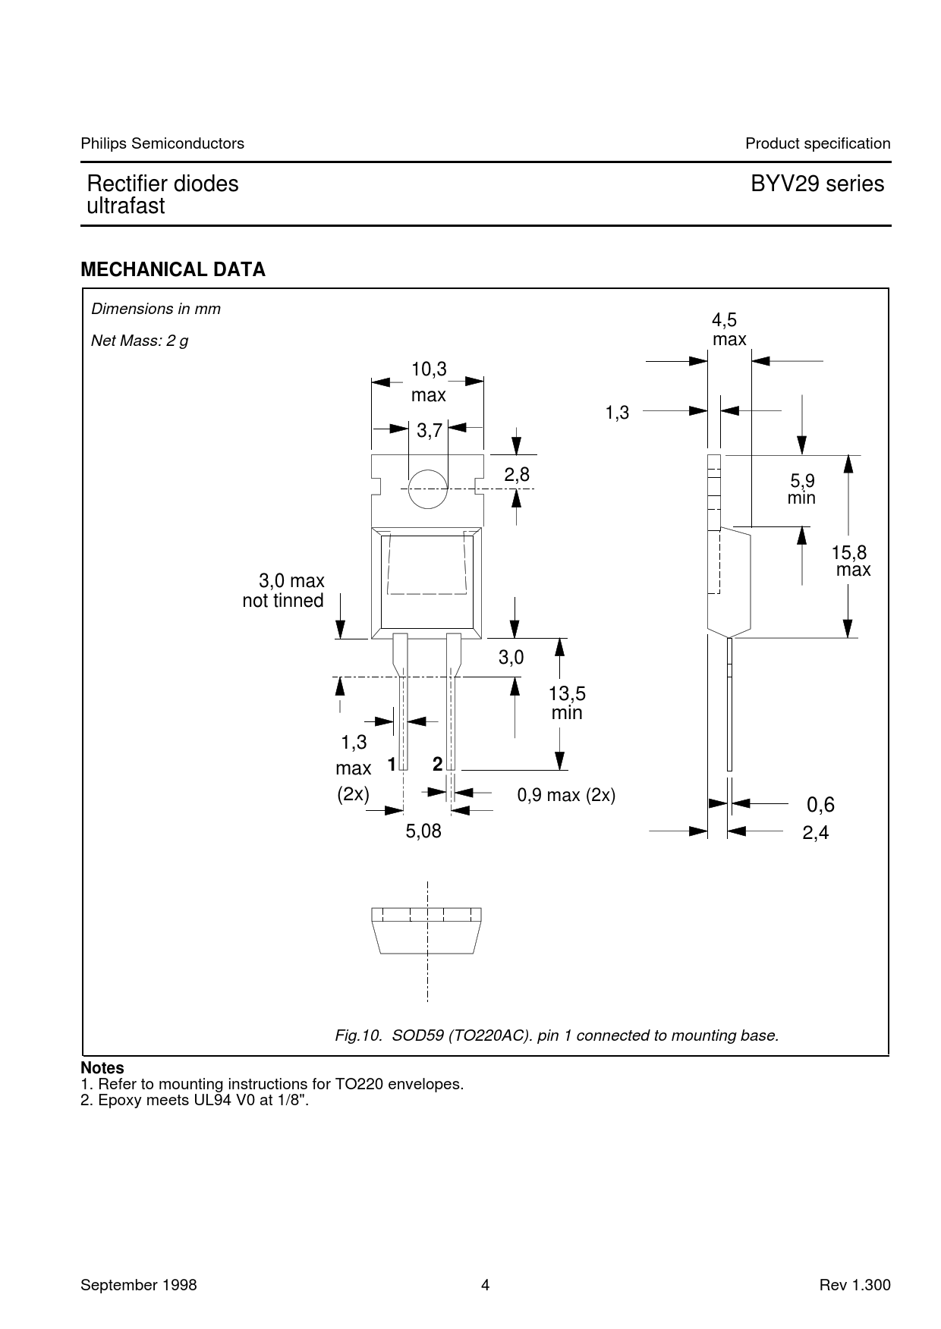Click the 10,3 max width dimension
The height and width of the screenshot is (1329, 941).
tap(429, 382)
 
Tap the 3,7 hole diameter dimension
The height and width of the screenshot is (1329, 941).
tap(430, 431)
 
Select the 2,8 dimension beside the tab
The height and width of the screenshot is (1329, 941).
tap(517, 474)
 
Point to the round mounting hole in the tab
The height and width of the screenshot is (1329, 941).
tap(427, 489)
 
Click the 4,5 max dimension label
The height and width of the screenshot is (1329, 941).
tap(729, 330)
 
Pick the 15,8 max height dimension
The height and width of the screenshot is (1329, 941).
tap(852, 561)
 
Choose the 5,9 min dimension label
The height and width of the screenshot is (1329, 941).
tap(802, 489)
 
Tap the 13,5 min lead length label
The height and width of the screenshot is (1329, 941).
tap(567, 703)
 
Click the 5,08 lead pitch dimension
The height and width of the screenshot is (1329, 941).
tap(423, 831)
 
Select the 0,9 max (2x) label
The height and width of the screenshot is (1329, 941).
tap(566, 795)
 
